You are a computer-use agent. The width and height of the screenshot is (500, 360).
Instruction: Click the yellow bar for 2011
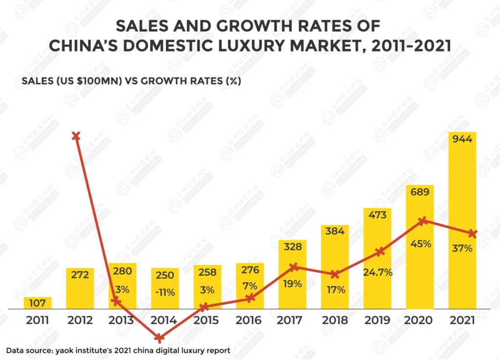(x=38, y=303)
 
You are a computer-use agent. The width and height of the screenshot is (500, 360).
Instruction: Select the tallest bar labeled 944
(x=462, y=220)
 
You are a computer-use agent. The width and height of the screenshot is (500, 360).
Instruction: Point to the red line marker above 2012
(x=76, y=136)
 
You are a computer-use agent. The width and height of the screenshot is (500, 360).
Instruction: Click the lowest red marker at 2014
(x=159, y=338)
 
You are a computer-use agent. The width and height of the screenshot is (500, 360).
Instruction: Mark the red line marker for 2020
(x=424, y=221)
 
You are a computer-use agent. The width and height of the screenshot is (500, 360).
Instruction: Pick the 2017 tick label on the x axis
(x=292, y=320)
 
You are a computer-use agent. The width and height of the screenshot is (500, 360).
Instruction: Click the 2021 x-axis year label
(x=462, y=320)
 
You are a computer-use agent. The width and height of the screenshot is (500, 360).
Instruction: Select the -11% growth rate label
(x=165, y=293)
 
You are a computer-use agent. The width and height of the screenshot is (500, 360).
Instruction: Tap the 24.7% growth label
(x=377, y=272)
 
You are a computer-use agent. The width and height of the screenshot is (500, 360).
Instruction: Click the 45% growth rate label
(x=420, y=243)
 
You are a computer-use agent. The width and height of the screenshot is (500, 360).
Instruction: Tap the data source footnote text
(x=118, y=350)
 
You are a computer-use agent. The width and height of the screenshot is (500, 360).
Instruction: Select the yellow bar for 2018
(x=335, y=266)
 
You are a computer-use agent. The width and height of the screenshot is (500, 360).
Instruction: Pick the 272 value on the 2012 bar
(x=80, y=275)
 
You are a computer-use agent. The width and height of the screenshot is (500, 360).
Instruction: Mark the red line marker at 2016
(x=250, y=298)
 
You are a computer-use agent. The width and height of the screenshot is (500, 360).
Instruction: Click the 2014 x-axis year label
(x=165, y=320)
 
